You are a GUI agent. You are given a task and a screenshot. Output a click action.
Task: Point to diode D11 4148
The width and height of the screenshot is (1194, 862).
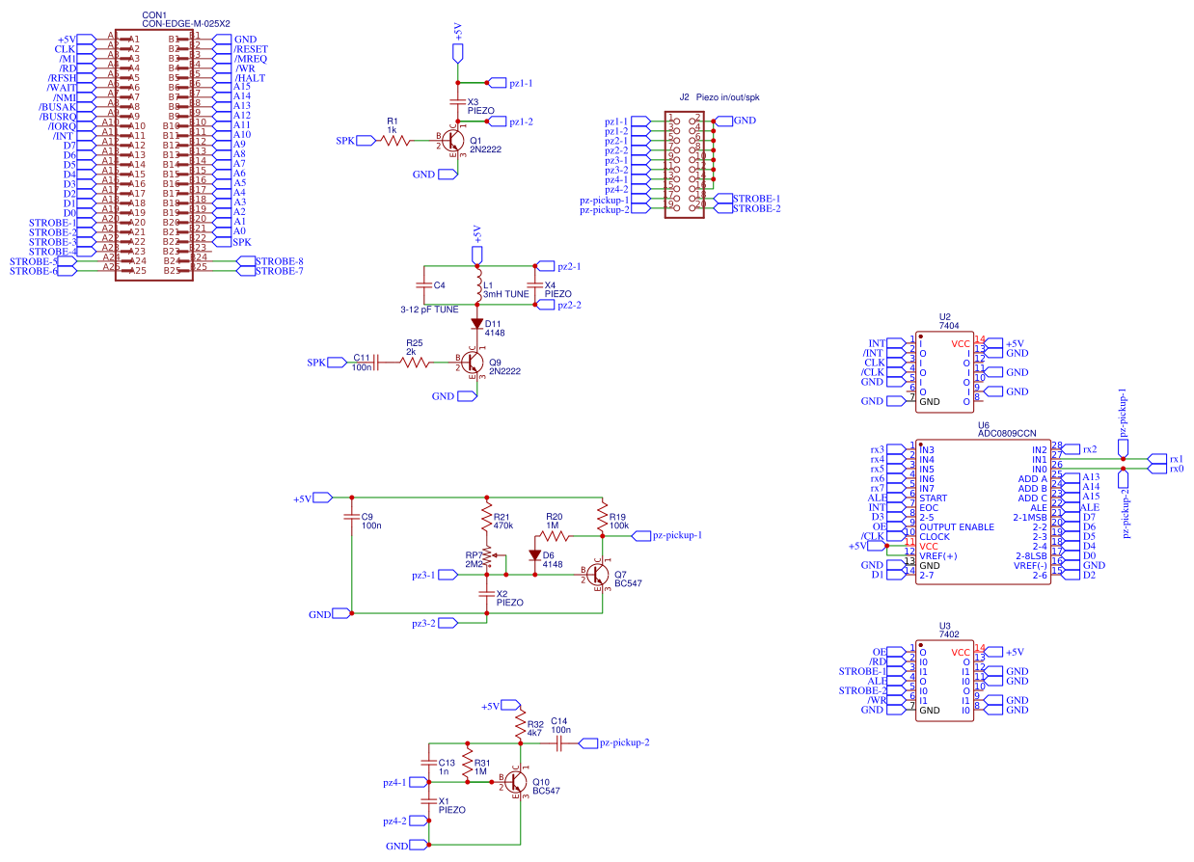476,325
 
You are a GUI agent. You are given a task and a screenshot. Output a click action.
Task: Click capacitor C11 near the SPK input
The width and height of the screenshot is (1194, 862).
375,363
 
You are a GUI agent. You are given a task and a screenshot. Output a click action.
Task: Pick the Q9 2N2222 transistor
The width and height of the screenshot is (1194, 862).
471,363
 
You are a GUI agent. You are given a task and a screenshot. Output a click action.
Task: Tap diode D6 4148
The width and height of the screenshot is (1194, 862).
535,555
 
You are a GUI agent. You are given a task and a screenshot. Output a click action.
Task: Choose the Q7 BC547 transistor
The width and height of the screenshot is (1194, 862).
597,575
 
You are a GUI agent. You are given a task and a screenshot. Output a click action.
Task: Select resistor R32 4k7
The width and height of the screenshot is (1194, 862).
521,725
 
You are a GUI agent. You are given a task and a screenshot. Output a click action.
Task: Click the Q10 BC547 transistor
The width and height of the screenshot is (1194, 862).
516,782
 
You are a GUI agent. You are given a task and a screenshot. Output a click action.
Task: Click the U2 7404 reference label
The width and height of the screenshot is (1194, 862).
945,317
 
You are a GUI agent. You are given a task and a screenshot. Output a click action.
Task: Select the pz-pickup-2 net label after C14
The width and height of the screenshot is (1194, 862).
623,742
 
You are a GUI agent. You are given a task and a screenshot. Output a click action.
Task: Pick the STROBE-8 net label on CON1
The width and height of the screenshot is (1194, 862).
280,261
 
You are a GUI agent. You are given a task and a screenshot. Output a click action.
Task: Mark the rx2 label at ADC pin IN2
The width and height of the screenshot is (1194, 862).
1089,449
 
